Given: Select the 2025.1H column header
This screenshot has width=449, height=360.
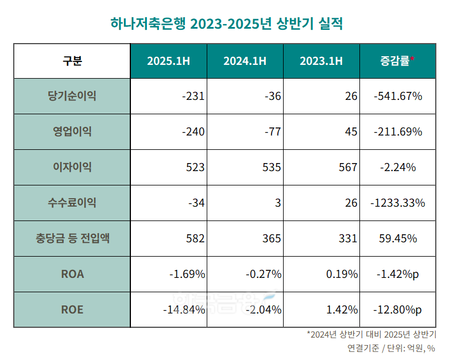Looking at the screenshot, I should pyautogui.click(x=168, y=60).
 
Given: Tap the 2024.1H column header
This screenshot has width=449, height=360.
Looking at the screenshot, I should pyautogui.click(x=245, y=60).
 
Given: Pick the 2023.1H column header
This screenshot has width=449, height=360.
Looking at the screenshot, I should pyautogui.click(x=321, y=60).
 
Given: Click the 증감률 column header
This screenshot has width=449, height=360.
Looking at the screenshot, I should pyautogui.click(x=397, y=60).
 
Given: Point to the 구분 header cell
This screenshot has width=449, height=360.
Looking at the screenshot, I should pyautogui.click(x=72, y=60).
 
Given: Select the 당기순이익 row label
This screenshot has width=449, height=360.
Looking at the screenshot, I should pyautogui.click(x=72, y=96).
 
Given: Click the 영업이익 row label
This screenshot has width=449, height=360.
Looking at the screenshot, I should pyautogui.click(x=72, y=131).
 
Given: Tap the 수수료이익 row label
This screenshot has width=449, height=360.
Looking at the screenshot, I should pyautogui.click(x=72, y=203).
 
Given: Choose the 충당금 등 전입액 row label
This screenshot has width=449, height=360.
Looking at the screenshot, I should pyautogui.click(x=72, y=238).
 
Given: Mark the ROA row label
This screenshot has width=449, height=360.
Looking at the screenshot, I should pyautogui.click(x=72, y=274).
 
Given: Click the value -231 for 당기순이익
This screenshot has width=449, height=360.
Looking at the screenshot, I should pyautogui.click(x=193, y=96).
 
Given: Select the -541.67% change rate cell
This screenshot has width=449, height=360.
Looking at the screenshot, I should pyautogui.click(x=397, y=96).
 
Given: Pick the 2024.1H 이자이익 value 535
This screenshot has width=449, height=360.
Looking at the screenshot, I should pyautogui.click(x=271, y=167).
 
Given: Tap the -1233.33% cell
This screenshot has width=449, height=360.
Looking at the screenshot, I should pyautogui.click(x=397, y=203).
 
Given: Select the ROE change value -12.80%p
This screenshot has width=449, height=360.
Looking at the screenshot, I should pyautogui.click(x=397, y=309).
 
